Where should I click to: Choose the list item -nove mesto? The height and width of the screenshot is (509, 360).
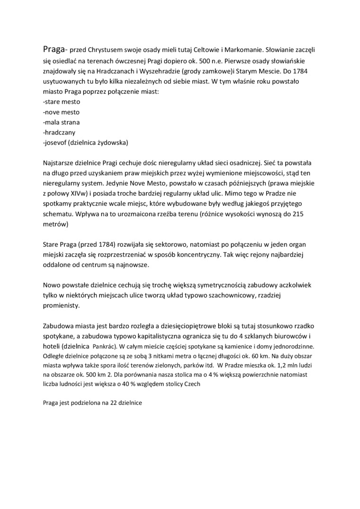coord(61,112)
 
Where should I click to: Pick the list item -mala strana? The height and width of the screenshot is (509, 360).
coord(61,123)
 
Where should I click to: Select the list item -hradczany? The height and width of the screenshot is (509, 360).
coord(59,133)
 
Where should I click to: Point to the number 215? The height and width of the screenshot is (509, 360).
coord(309,214)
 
